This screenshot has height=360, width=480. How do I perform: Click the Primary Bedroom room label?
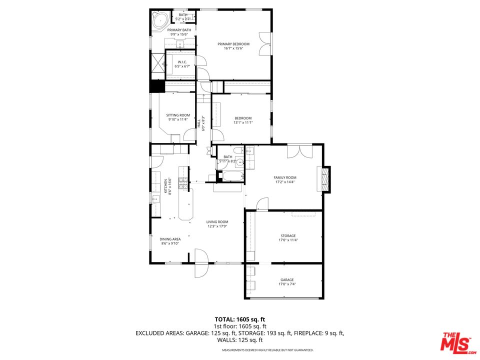coord(233,44)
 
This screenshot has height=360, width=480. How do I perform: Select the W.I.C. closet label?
coord(182,62)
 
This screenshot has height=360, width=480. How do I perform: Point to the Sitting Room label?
coord(178,115)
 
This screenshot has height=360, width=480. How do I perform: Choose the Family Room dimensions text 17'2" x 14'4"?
coord(284,183)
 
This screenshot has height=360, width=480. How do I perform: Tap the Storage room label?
coord(287,235)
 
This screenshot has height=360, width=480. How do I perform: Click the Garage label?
coord(286,279)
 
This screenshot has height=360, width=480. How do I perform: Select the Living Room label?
coord(217,222)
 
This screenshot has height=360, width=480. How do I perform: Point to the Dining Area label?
coord(170,239)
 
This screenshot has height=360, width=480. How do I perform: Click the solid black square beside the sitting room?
coord(157,86)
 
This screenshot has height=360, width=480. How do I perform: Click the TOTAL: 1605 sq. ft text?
coord(240,319)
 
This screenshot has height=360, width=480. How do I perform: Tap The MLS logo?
coord(456,341)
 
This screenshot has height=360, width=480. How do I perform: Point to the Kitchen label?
coord(166,186)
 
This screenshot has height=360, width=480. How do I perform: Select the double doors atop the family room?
coord(300,151)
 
